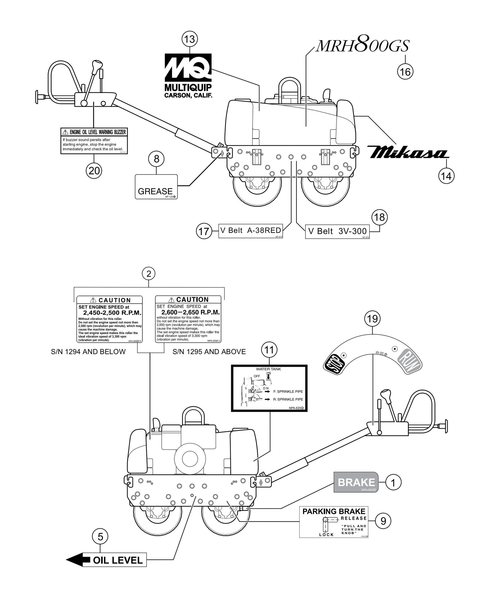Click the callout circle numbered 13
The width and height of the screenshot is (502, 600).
coord(190,39)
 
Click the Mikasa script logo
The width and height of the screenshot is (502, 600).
coord(408,152)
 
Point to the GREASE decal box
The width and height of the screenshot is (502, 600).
coord(156,187)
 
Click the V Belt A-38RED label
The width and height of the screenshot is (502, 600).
coord(250,231)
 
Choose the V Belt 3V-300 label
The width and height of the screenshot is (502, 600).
coord(337,231)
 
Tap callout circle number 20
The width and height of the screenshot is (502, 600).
coord(94,171)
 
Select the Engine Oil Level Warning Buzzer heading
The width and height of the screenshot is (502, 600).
coord(94,132)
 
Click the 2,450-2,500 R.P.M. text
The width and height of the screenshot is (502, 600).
coord(112,313)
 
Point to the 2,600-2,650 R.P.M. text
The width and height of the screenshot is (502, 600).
coord(190,312)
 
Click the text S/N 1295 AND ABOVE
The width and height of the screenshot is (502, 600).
coord(209,352)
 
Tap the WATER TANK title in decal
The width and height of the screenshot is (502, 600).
coord(268,369)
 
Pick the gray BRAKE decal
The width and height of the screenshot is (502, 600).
coord(356,482)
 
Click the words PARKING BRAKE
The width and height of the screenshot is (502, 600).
coord(334,512)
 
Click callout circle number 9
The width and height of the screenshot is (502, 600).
coord(383,521)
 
